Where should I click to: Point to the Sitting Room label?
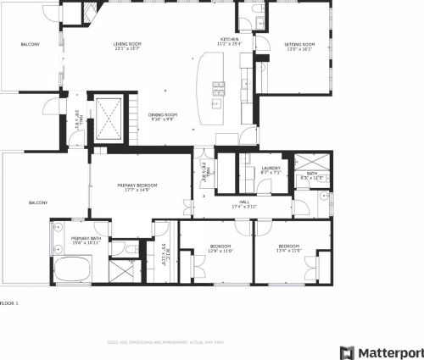pyautogui.click(x=298, y=45)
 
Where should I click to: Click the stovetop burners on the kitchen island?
pyautogui.click(x=218, y=86)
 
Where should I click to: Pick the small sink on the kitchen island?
pyautogui.click(x=216, y=104)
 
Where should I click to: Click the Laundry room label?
pyautogui.click(x=271, y=169)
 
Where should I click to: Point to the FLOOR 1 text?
pyautogui.click(x=8, y=302)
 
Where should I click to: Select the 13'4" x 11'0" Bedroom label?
pyautogui.click(x=289, y=247)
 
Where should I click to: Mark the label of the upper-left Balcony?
pyautogui.click(x=31, y=43)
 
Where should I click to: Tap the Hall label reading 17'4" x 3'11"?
pyautogui.click(x=244, y=203)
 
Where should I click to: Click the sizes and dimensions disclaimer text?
pyautogui.click(x=165, y=342)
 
